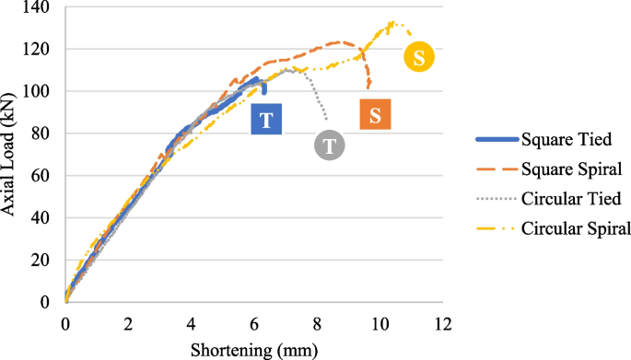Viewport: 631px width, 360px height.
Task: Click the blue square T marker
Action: pyautogui.click(x=266, y=121)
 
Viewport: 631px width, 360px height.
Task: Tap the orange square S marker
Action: pyautogui.click(x=375, y=115)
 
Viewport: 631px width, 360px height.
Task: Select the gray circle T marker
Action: pyautogui.click(x=330, y=145)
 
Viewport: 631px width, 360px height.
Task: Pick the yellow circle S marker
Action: pyautogui.click(x=419, y=57)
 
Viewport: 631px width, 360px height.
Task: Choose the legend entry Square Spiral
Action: pyautogui.click(x=562, y=169)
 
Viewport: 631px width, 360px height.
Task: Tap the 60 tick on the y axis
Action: pyautogui.click(x=41, y=176)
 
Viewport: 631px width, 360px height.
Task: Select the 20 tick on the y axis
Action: pyautogui.click(x=41, y=261)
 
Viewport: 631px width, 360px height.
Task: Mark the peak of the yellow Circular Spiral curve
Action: pyautogui.click(x=392, y=22)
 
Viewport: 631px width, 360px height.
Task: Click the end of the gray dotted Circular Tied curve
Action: pyautogui.click(x=326, y=119)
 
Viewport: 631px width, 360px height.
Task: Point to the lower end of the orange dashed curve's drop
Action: pyautogui.click(x=368, y=88)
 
